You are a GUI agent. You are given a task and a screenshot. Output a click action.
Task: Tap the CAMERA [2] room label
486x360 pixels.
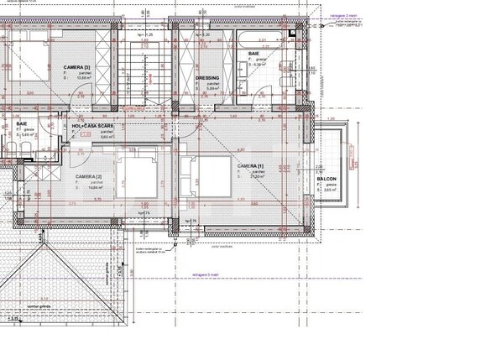(89, 177)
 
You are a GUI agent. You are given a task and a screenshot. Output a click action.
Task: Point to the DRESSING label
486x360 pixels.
(207, 78)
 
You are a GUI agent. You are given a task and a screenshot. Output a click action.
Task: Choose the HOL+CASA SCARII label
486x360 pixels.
(105, 126)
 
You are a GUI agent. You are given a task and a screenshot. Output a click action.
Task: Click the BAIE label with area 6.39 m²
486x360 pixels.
(253, 55)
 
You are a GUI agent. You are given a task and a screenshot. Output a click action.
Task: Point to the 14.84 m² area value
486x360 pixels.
(92, 188)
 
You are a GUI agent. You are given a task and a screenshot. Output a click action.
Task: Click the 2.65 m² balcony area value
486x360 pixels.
(330, 190)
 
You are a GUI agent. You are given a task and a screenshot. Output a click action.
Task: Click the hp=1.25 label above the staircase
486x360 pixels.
(144, 35)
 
